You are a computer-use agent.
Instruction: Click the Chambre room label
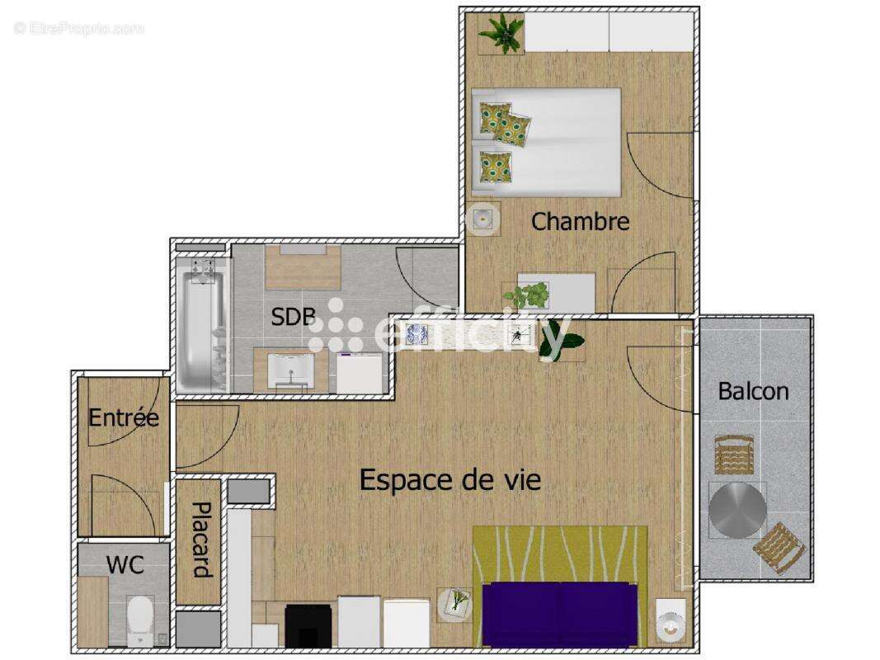pos(580,221)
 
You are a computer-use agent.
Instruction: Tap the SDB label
pos(293,317)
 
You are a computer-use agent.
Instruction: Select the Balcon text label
pos(752,391)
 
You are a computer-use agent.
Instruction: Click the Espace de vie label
pos(450,480)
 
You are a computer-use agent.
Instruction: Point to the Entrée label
pos(124,417)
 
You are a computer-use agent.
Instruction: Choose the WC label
pos(125,565)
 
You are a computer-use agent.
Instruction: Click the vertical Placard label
pos(200,540)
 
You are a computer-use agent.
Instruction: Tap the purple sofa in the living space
pos(560,615)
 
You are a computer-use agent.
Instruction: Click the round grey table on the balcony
pos(736,510)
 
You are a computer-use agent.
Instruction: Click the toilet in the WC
pos(140,618)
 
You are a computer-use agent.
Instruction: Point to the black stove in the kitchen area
pos(308,626)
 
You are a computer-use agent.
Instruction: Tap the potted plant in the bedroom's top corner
pos(501,34)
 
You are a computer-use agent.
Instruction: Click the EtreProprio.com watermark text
pos(79,29)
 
